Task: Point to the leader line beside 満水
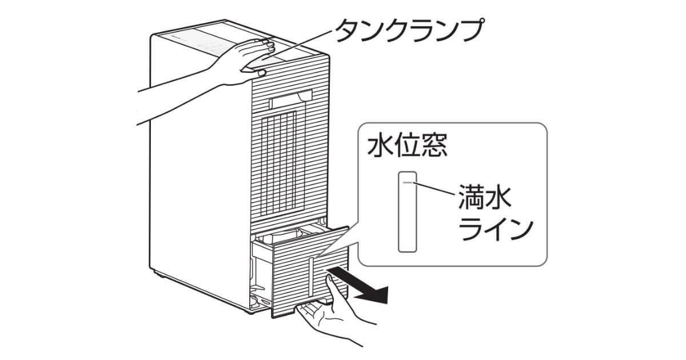437,189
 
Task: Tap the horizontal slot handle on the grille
290,101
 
